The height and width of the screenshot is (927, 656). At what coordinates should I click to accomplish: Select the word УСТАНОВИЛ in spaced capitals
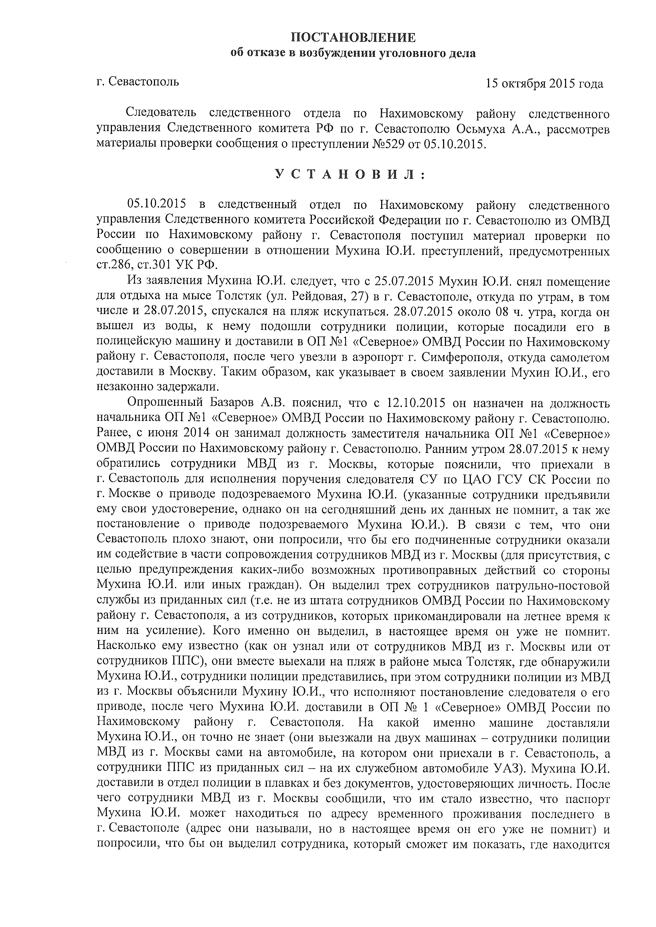[350, 175]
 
